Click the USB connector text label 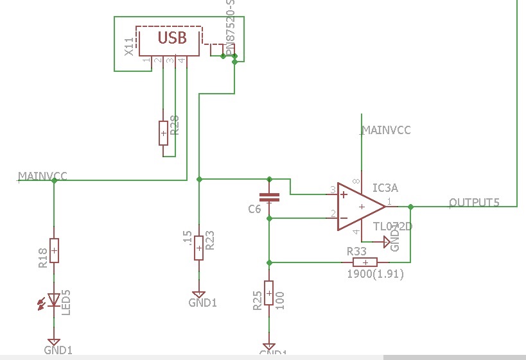click(172, 38)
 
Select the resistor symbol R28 click(164, 133)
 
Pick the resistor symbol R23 click(200, 248)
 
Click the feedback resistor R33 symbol click(365, 262)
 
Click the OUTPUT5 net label click(474, 203)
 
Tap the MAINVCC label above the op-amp click(386, 130)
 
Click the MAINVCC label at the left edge click(42, 176)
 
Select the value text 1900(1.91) click(375, 274)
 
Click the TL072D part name click(392, 227)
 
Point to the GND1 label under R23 click(202, 302)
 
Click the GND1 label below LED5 click(58, 350)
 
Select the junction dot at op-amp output click(410, 207)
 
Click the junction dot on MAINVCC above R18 click(54, 180)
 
